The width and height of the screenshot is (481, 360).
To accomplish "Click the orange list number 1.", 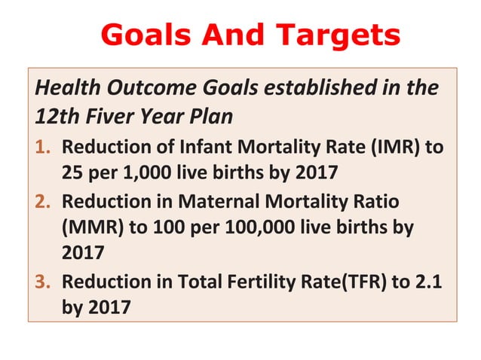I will click(x=43, y=146).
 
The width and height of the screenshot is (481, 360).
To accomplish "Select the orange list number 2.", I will click(x=43, y=203).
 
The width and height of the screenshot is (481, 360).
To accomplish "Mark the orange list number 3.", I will click(x=43, y=282).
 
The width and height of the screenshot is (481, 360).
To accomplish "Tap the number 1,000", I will click(x=144, y=172).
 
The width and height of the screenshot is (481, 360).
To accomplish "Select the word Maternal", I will click(x=219, y=203).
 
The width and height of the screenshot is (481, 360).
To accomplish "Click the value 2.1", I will click(x=430, y=282).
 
